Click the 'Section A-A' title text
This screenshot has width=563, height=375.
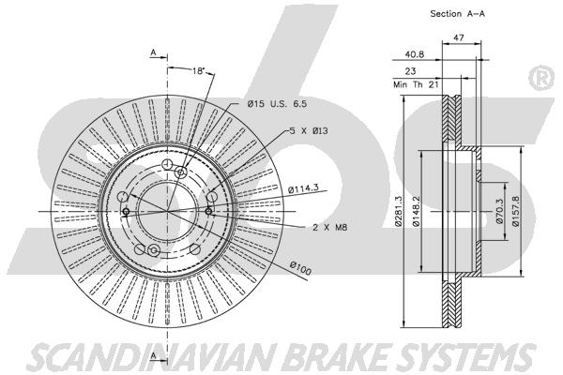coord(458,14)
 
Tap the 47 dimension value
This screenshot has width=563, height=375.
coord(459,37)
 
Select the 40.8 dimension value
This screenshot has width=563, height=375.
coord(415,54)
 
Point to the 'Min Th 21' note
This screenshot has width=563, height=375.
coord(416,84)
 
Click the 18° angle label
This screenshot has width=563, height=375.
coord(198,70)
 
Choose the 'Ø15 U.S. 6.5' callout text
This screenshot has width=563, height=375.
coord(277,104)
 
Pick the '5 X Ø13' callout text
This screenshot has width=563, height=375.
coord(309,131)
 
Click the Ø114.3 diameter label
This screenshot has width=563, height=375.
coord(303,187)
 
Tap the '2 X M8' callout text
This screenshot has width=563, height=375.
coord(329,227)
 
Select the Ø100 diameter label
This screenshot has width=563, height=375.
coord(300,268)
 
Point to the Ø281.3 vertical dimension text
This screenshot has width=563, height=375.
coord(398,211)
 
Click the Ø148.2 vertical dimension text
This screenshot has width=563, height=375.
coord(416,211)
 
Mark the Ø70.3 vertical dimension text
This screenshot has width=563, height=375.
coord(499,212)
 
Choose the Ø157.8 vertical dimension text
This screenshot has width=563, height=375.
coord(515,211)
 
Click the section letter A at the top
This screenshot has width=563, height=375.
coord(153,52)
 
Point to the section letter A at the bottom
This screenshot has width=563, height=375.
coord(154,355)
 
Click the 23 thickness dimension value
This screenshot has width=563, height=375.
coord(410,71)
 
